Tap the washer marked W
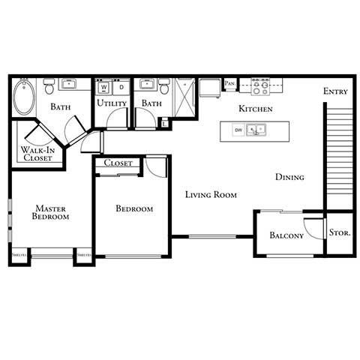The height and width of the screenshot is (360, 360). pos(104,86)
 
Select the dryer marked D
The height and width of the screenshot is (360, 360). pos(120,86)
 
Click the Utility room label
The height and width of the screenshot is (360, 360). pos(112,103)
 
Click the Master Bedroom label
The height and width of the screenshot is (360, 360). pos(50,212)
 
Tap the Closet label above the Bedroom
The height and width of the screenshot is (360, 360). pos(118,163)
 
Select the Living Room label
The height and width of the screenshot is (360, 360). pos(211,195)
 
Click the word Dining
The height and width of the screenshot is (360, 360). pos(289,178)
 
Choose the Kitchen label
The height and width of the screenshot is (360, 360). pos(255,109)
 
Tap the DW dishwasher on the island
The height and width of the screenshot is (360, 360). pos(238,131)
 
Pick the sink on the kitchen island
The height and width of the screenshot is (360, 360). pos(259,131)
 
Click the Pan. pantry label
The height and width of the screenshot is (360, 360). pos(229,82)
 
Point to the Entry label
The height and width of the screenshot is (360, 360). pos(335,91)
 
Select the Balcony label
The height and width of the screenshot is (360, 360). pos(286,236)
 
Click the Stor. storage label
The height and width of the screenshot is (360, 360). pos(340,232)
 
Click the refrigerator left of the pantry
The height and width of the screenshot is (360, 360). pos(212,88)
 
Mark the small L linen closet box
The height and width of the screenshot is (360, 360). pos(165,123)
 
